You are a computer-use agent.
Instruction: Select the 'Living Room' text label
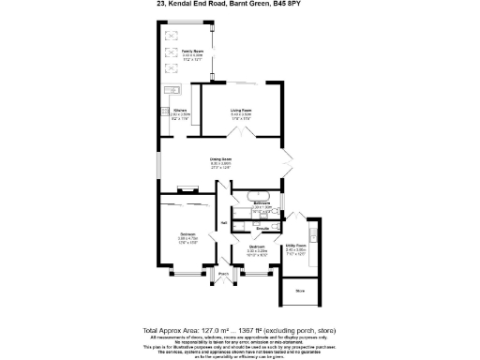click(x=241, y=111)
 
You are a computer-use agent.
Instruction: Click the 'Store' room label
click(x=300, y=292)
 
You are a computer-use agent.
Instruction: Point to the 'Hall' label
click(x=223, y=222)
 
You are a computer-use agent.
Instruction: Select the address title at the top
click(x=239, y=4)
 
